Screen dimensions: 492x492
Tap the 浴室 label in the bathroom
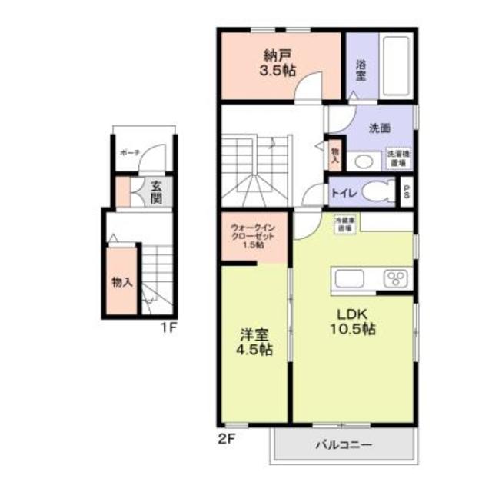(361, 70)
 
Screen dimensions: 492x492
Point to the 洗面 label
(379, 128)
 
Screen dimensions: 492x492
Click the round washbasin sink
(363, 162)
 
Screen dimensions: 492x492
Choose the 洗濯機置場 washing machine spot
(398, 158)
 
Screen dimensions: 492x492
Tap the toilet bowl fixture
(378, 191)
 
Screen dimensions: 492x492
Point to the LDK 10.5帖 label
(353, 321)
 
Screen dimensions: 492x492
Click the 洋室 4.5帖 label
(254, 343)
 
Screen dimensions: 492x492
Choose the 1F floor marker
(168, 328)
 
